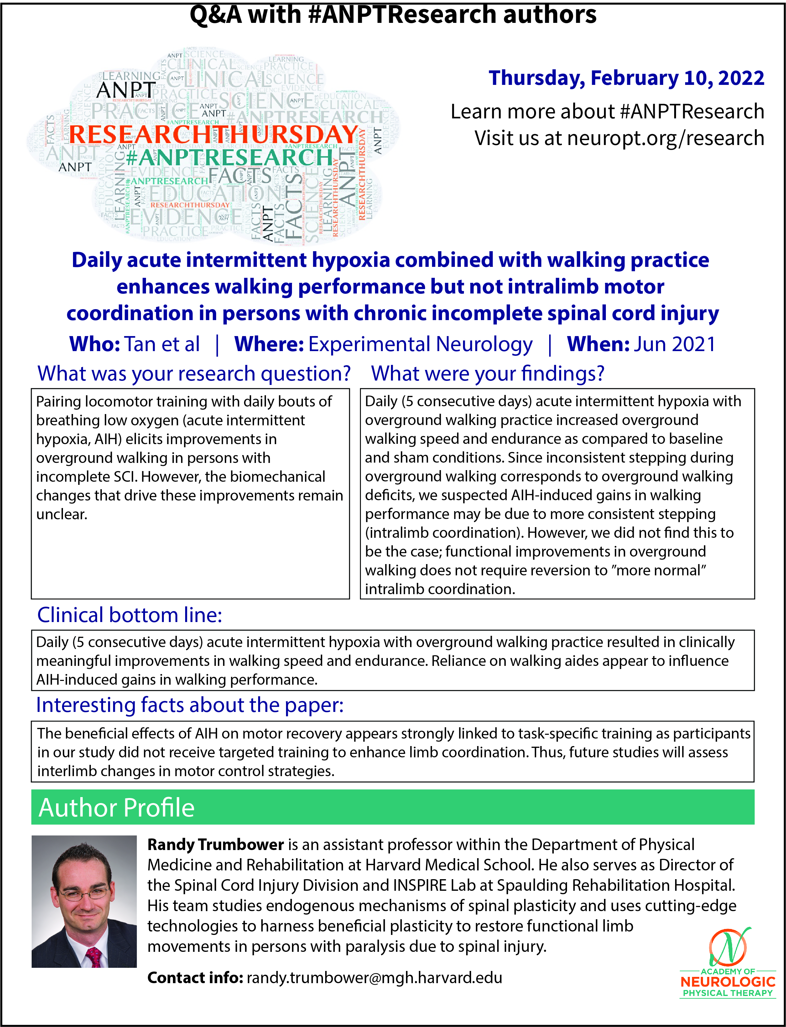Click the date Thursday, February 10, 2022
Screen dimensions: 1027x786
626,78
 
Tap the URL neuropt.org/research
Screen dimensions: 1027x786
665,138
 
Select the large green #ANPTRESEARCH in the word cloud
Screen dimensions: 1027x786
229,158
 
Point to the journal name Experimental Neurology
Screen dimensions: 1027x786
420,344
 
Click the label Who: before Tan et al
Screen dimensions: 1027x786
95,344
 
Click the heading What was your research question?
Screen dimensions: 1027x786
194,374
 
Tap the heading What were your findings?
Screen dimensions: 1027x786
487,374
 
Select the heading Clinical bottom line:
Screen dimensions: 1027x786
130,615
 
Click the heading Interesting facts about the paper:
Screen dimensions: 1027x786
190,705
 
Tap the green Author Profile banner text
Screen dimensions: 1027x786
117,808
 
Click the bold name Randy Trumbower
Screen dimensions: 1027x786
216,845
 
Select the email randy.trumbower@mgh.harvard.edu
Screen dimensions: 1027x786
374,978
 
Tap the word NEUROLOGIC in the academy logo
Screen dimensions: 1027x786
727,982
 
